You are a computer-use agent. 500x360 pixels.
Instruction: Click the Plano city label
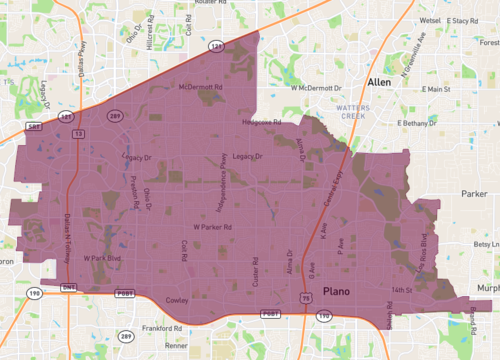coord(337,291)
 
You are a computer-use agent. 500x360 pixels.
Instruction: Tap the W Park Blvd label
coord(102,258)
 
